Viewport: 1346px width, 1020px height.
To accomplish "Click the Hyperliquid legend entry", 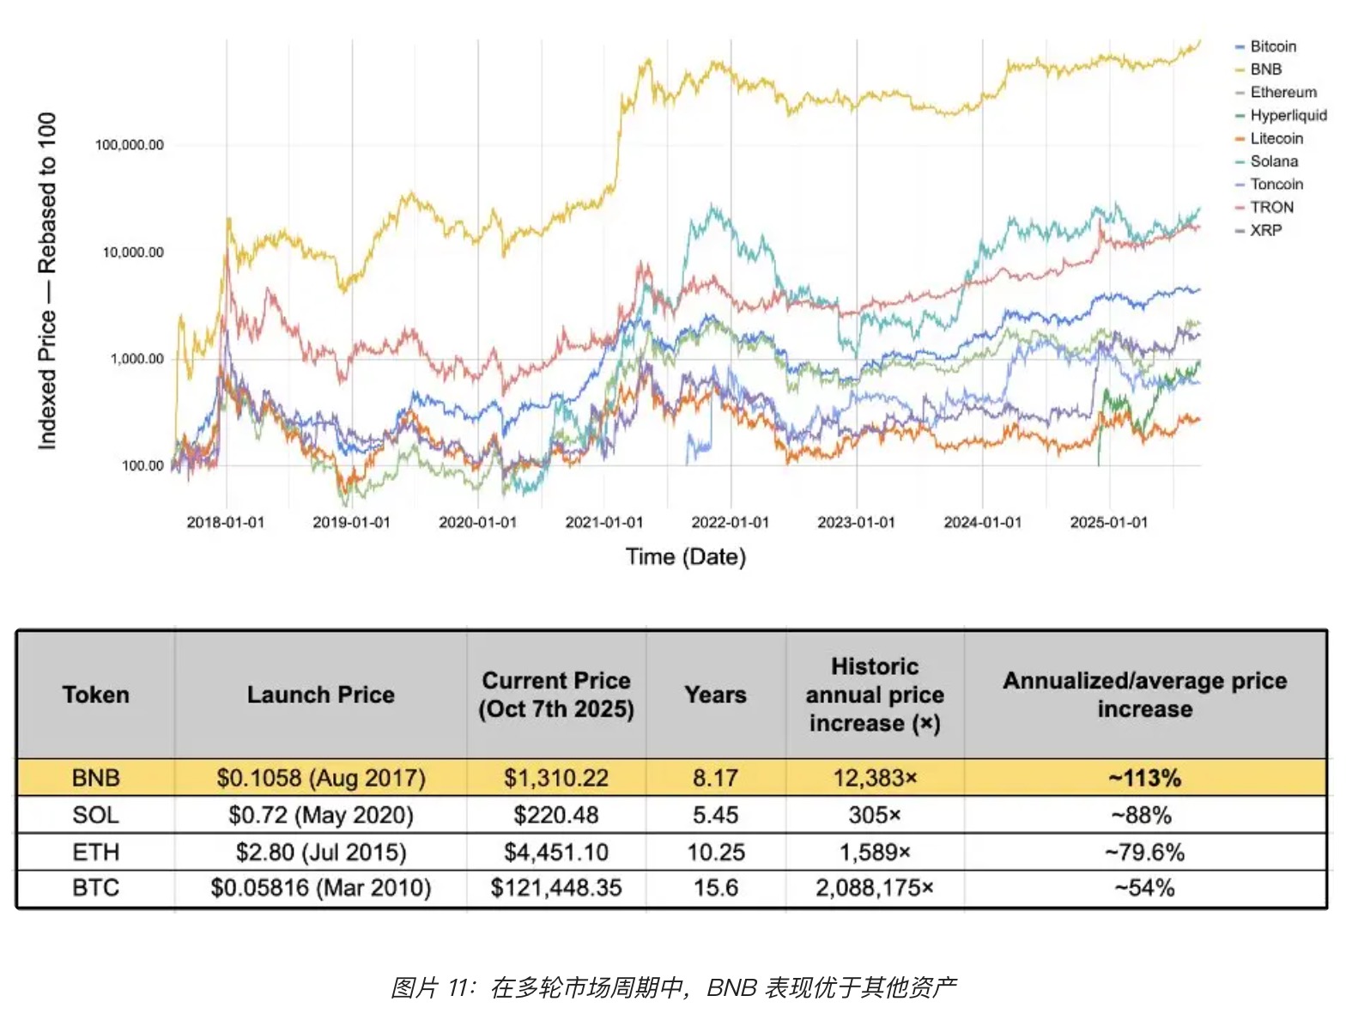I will tap(1288, 115).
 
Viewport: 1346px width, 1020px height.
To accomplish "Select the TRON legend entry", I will tap(1271, 207).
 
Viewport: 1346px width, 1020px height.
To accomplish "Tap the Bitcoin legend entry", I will tap(1272, 46).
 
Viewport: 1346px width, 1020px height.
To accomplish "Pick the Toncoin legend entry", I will tap(1276, 184).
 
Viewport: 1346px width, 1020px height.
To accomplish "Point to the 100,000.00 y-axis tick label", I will tap(129, 145).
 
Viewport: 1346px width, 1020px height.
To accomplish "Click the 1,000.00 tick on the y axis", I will tap(136, 359).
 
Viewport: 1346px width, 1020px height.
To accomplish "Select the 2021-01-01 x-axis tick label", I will tap(603, 522).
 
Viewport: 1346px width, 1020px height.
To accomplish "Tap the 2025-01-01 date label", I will tap(1108, 522).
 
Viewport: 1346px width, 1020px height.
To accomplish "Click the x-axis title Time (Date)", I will tap(686, 557).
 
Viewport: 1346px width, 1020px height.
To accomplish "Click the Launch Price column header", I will tap(320, 695).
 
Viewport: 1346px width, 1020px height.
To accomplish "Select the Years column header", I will tap(715, 695).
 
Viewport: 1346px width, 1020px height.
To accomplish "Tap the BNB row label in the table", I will tap(95, 778).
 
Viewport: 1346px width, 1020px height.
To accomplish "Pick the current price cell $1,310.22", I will tap(555, 778).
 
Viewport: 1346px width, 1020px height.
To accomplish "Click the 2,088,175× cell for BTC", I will tap(874, 888).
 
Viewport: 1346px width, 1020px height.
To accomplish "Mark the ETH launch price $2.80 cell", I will tap(320, 852).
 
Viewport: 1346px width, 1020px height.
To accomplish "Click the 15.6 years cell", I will tap(715, 888).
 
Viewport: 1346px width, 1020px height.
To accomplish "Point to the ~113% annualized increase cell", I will tap(1144, 778).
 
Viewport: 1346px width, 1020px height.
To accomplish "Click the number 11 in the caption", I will tap(459, 987).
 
